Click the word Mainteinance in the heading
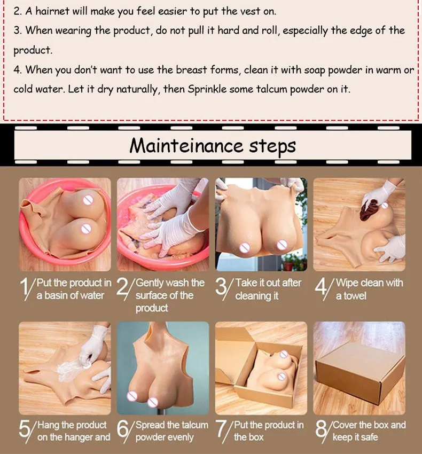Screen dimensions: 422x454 (x=186, y=145)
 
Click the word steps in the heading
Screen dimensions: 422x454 (x=272, y=147)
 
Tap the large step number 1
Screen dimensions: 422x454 (x=25, y=288)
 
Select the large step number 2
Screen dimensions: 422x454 (x=122, y=288)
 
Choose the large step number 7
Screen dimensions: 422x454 (x=221, y=429)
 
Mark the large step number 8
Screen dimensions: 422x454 (x=321, y=429)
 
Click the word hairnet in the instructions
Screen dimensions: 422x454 (x=52, y=11)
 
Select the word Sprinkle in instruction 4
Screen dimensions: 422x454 (x=207, y=89)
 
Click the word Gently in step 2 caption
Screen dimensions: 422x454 (x=149, y=283)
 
